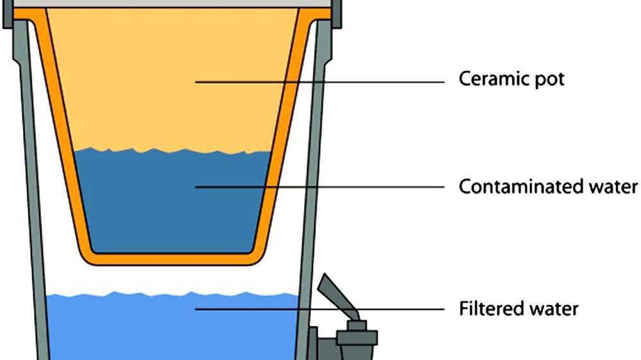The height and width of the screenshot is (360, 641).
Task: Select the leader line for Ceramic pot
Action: tap(320, 82)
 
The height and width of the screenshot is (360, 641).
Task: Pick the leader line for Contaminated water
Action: tap(320, 187)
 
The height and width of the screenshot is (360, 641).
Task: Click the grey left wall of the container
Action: tap(32, 192)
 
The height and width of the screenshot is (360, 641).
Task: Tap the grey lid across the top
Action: tap(173, 4)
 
